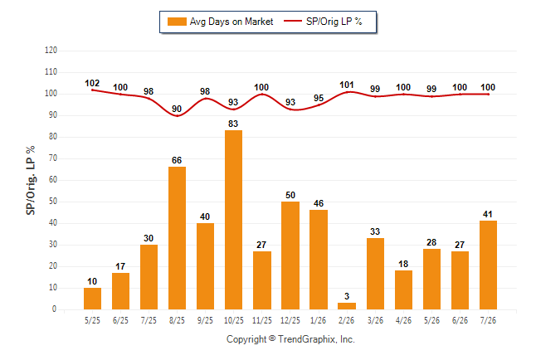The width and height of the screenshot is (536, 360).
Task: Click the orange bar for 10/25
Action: coord(233,220)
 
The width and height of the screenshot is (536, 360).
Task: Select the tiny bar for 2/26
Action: coord(347,306)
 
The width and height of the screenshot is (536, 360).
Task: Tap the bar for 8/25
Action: coord(177,238)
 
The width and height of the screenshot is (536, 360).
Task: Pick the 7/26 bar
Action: coord(488,265)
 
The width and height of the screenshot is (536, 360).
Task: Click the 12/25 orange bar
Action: coord(290,255)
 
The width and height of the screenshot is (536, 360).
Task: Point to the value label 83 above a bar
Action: coord(233,124)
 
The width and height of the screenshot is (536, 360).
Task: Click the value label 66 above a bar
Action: coord(177,160)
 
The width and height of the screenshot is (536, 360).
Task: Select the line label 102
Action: coord(92,84)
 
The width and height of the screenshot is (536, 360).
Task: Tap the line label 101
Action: coord(347,85)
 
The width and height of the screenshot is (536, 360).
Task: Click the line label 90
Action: coord(177,109)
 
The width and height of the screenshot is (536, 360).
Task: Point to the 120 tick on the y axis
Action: coord(51,51)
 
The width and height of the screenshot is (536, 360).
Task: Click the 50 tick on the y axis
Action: coord(53,202)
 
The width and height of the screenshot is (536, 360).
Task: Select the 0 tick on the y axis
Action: coord(55,309)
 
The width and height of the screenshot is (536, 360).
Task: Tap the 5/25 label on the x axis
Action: coord(92,320)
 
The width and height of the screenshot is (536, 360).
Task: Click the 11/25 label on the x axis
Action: coord(262,320)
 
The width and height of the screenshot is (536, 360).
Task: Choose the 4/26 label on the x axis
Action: coord(403,320)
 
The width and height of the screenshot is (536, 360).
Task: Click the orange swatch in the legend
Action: coord(177,22)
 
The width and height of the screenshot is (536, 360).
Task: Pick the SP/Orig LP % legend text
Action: coord(334,22)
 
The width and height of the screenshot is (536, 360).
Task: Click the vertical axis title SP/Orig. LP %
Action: coord(31,181)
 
